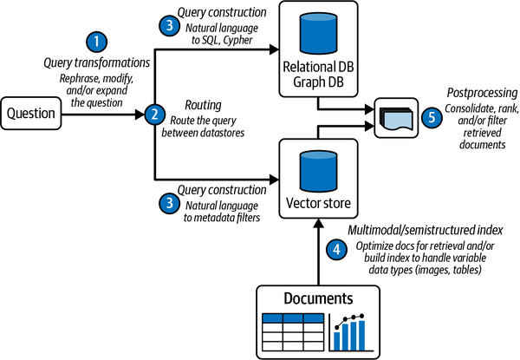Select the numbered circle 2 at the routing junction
pyautogui.click(x=154, y=114)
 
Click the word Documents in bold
pyautogui.click(x=320, y=297)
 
